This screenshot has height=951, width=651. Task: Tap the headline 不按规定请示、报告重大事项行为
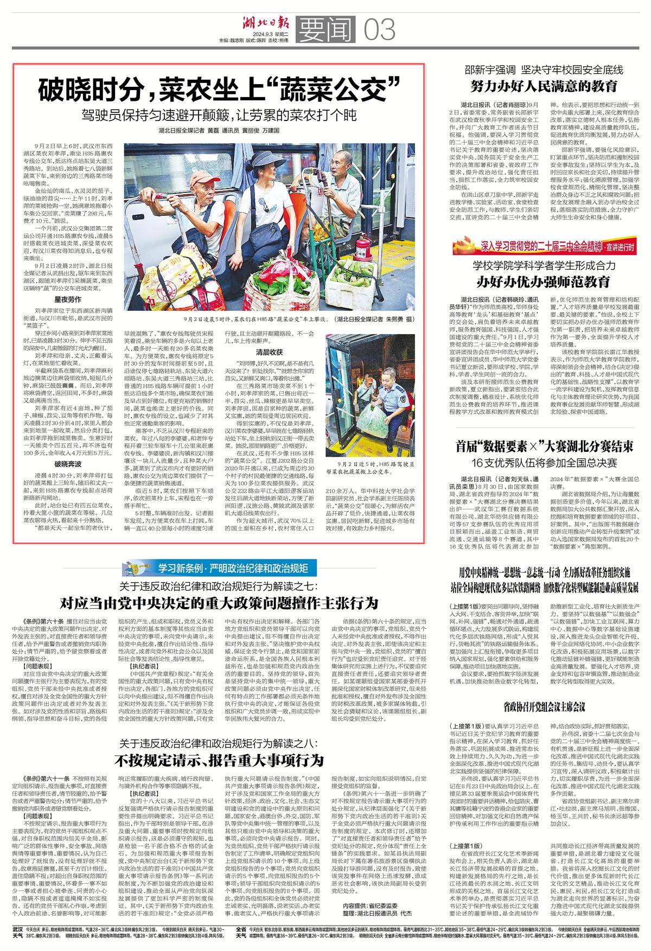[x=219, y=758]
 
